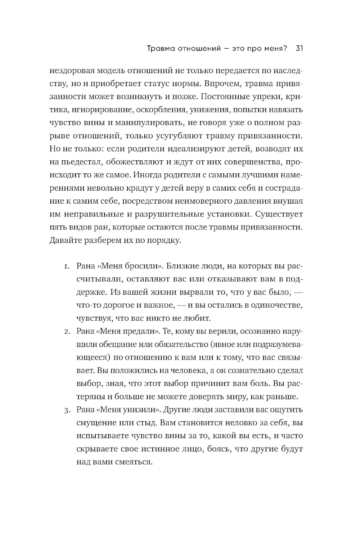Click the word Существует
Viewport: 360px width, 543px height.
(279, 214)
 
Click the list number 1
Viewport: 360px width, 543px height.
(67, 267)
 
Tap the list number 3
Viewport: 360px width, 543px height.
(67, 410)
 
